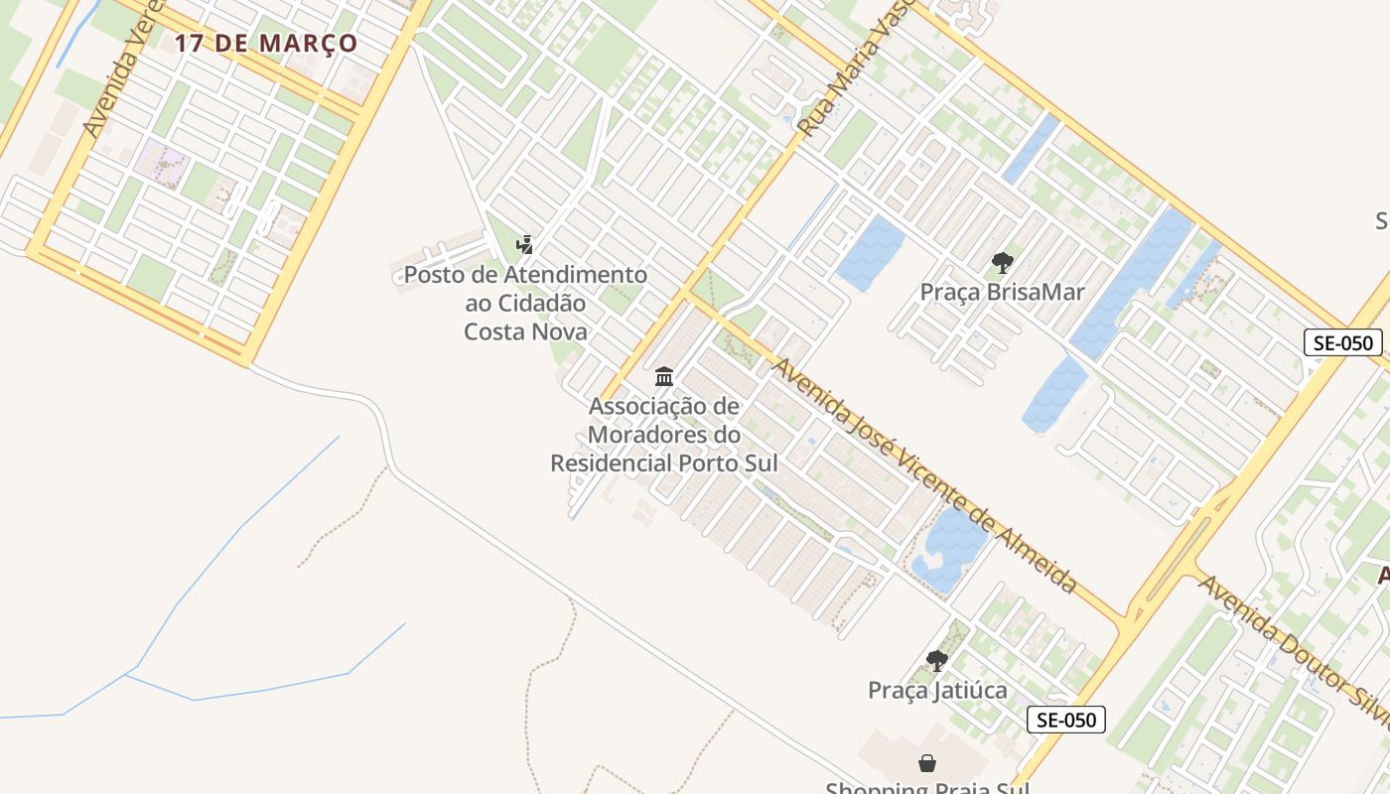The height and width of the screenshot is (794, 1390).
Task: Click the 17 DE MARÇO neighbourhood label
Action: (x=266, y=44)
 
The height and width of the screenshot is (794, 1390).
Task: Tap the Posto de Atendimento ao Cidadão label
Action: (x=525, y=303)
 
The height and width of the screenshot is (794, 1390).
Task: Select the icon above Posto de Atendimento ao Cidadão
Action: (x=525, y=244)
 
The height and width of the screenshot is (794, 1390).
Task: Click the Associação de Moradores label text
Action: (x=663, y=435)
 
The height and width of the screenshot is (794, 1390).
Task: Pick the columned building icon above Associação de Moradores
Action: (x=664, y=377)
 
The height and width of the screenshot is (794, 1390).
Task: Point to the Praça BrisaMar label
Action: (x=1002, y=292)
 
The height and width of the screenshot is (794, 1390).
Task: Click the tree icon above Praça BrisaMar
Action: (x=1002, y=263)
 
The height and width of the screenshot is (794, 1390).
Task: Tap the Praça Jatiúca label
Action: (x=937, y=690)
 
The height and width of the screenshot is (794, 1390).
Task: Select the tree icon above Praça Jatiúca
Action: (x=936, y=660)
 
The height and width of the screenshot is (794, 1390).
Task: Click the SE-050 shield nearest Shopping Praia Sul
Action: (x=1065, y=720)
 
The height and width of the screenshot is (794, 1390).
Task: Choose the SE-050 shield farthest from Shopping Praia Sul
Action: (x=1343, y=343)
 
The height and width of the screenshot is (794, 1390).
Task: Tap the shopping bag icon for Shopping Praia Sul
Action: (x=926, y=763)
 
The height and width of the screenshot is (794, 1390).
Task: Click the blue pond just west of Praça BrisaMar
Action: (x=870, y=252)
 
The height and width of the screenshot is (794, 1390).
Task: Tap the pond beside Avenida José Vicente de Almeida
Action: (x=949, y=547)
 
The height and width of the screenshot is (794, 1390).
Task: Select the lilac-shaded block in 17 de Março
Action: (x=165, y=163)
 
